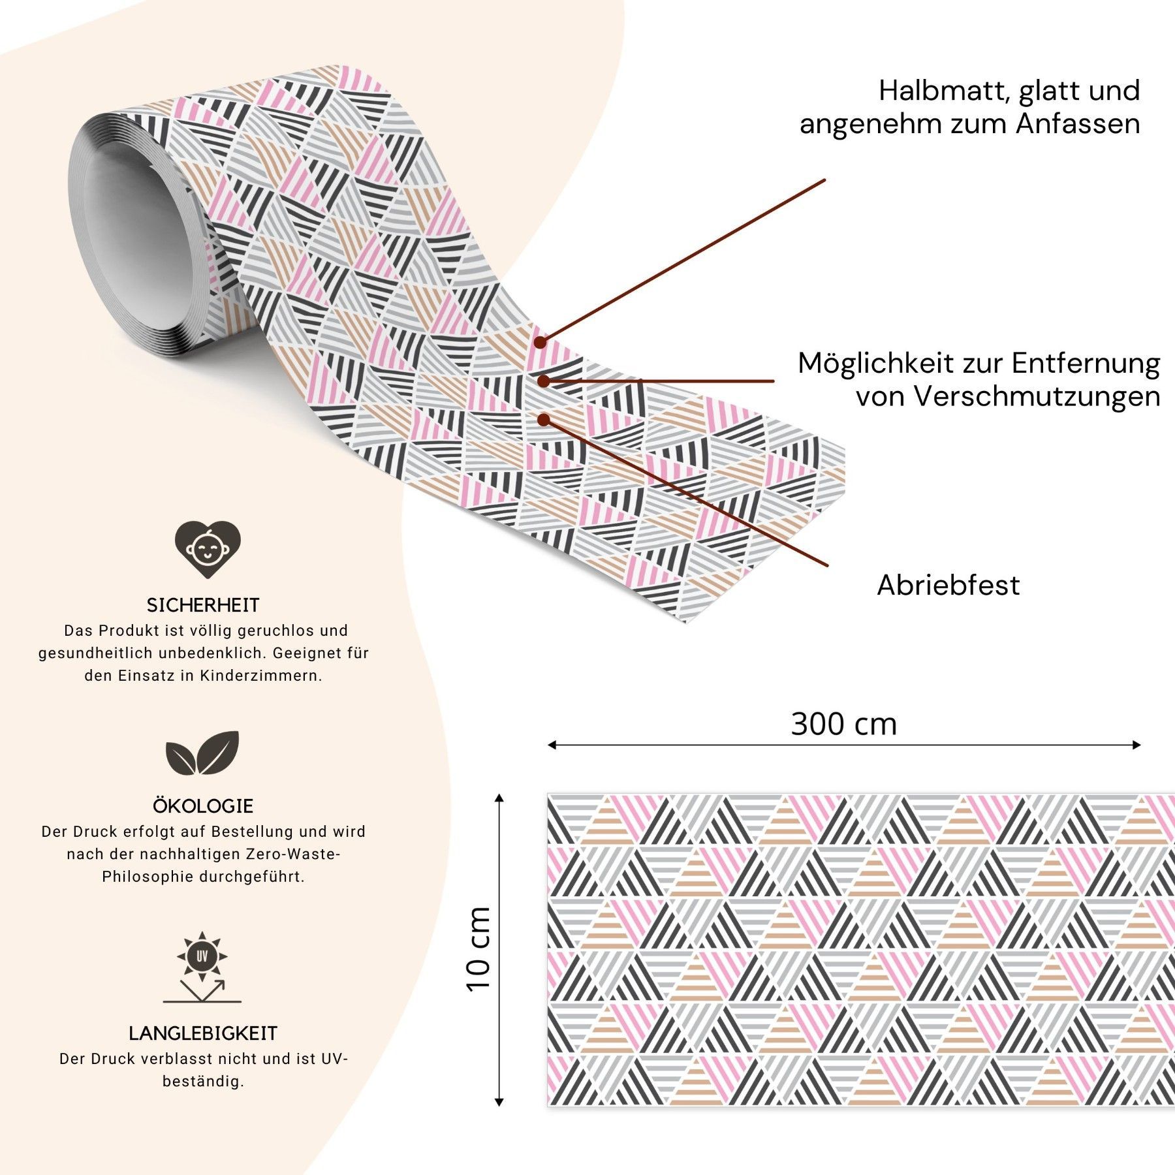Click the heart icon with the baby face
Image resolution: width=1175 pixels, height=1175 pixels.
point(208,548)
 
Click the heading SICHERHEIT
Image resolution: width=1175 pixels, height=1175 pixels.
point(203,605)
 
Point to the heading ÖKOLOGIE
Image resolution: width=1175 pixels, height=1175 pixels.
point(203,806)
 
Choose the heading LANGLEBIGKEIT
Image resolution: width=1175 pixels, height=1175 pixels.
point(203,1033)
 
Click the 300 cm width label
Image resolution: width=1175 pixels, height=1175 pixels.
point(844,724)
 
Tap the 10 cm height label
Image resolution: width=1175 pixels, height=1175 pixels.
point(478,949)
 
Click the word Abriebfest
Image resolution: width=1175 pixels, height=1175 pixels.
point(948,585)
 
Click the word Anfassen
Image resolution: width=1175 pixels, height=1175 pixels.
point(1078,123)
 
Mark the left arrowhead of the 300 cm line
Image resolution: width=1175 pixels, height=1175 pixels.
point(552,745)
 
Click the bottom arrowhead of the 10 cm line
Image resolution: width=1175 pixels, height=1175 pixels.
point(499,1102)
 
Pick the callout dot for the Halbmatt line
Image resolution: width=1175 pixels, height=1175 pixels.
point(540,341)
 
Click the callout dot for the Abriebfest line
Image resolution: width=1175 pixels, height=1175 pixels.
point(544,420)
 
